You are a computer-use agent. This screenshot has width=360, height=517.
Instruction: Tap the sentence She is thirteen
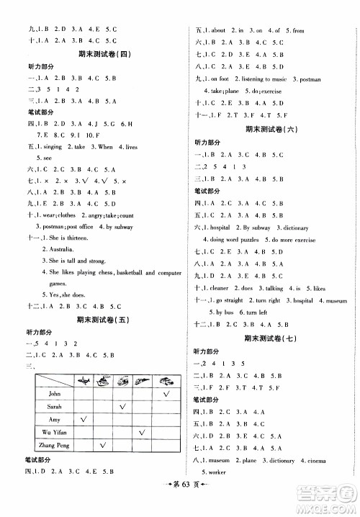click(64, 235)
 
